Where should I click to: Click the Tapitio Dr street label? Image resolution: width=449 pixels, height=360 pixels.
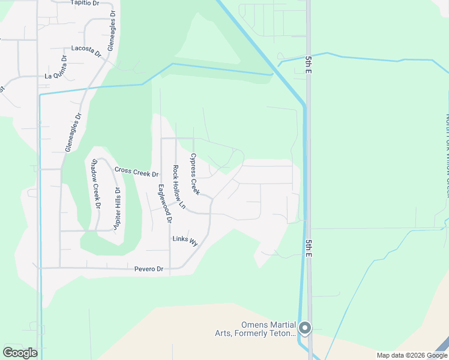coord(84,3)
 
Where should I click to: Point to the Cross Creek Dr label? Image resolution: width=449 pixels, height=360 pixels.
coord(136,172)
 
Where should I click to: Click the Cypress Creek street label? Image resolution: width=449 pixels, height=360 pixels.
coord(194,174)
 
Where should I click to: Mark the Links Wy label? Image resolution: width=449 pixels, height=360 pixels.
coord(185,240)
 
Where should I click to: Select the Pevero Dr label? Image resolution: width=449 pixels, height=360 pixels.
coord(149,269)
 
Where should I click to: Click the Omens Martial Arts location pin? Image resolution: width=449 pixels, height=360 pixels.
coord(305,328)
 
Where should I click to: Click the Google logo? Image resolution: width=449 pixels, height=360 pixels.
coord(20,353)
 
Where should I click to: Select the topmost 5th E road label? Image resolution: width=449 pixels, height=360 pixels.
coord(309,62)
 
